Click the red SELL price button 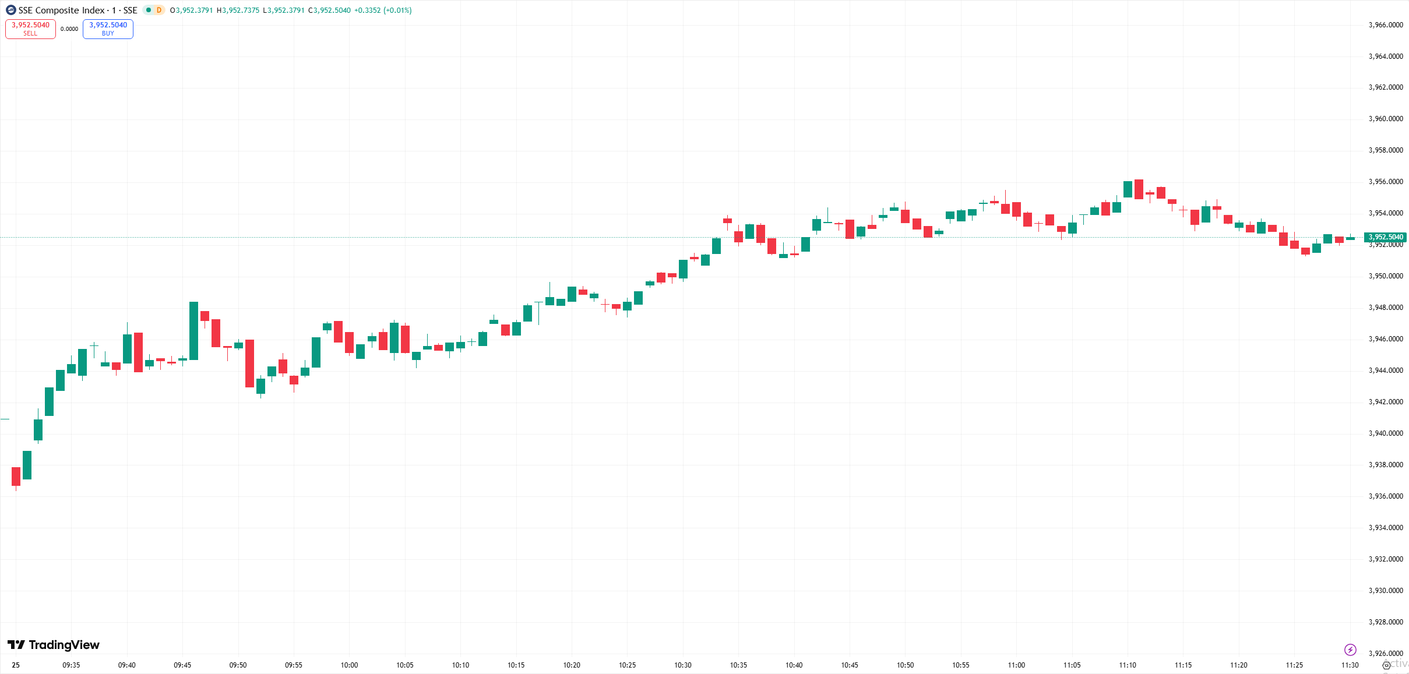(x=30, y=29)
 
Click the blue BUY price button (x=108, y=29)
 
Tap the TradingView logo (x=53, y=644)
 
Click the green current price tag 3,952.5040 (x=1385, y=237)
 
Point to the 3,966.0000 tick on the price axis (x=1385, y=25)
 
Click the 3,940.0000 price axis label (x=1385, y=433)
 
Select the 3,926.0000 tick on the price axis (x=1385, y=653)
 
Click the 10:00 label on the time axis (x=349, y=665)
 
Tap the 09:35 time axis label (x=71, y=665)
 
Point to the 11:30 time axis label (x=1350, y=665)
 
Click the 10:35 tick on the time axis (x=738, y=665)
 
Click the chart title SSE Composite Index (x=62, y=10)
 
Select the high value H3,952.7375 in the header (x=238, y=10)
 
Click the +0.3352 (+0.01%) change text (x=383, y=10)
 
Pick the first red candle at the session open (x=16, y=476)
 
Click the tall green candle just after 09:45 (x=193, y=330)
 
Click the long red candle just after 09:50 (x=249, y=363)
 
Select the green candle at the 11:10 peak (x=1128, y=189)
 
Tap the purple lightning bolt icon (x=1350, y=650)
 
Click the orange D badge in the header (x=158, y=10)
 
